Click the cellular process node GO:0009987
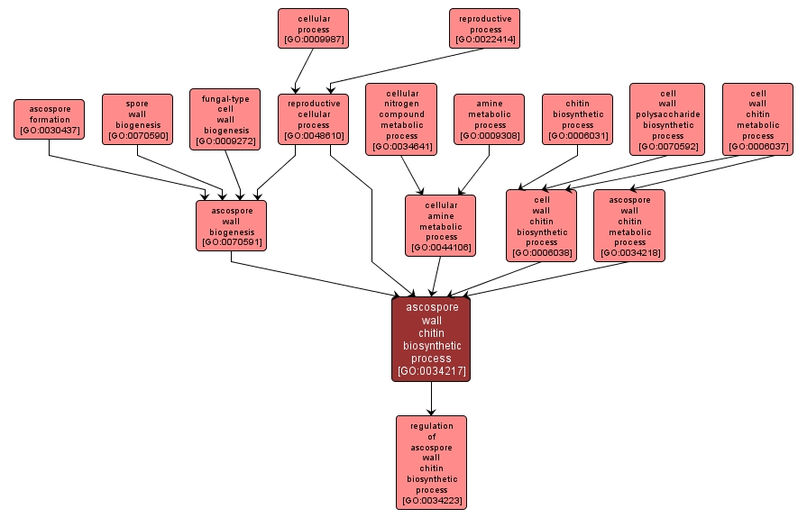coord(313,28)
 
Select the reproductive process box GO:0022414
coord(485,28)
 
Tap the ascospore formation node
coord(49,119)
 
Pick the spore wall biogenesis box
coord(137,119)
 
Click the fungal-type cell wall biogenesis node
coord(225,119)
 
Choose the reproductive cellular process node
coord(313,119)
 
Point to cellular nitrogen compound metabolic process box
coord(401,119)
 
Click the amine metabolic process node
coord(489,119)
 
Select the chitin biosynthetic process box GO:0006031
coord(577,119)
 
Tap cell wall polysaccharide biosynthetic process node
coord(667,119)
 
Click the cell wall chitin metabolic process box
coord(757,119)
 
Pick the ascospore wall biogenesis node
coord(231,224)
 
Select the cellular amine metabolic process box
coord(440,224)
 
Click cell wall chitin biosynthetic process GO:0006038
coord(541,224)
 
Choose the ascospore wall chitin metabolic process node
coord(629,224)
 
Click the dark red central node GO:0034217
coord(431,339)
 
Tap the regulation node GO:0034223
coord(431,462)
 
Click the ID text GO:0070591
coord(231,243)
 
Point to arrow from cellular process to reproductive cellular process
coord(302,70)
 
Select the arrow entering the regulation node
coord(431,398)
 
